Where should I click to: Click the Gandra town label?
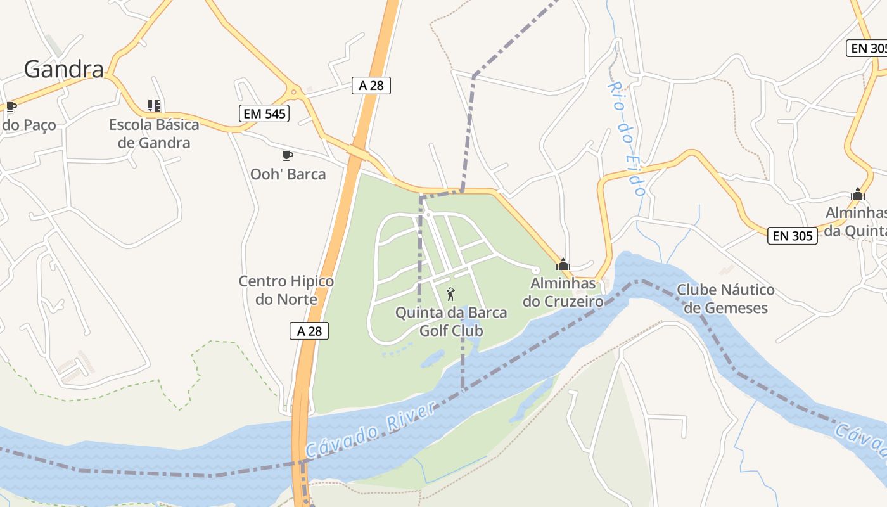[63, 69]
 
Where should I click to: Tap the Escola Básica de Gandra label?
[154, 133]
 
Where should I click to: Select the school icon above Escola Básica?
[154, 105]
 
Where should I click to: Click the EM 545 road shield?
[264, 114]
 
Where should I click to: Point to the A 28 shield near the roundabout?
[371, 86]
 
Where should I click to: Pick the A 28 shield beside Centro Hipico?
[309, 331]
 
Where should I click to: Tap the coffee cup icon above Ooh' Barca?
[287, 155]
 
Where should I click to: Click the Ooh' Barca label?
[288, 174]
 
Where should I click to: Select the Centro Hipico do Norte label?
[286, 290]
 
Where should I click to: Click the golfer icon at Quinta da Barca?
[450, 294]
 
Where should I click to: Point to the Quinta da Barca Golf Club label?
[451, 321]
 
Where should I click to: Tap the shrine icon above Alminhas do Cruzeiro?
[563, 264]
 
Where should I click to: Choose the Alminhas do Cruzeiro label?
[563, 292]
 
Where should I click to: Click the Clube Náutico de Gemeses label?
[725, 299]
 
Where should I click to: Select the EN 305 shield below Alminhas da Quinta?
[793, 236]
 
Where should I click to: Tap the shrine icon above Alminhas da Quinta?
[858, 194]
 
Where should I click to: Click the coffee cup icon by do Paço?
[10, 106]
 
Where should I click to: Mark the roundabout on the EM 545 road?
[294, 93]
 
